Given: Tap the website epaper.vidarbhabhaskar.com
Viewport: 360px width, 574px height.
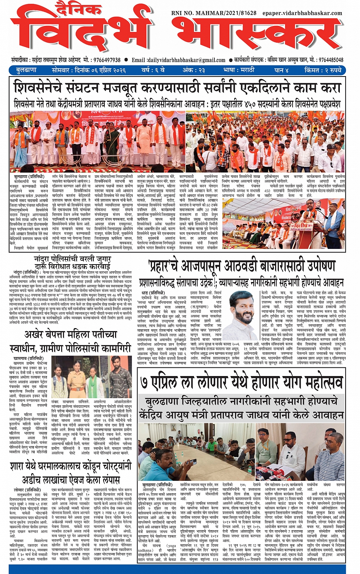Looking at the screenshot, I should pos(302,13).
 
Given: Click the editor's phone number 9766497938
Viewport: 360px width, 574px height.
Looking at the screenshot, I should pos(102,60).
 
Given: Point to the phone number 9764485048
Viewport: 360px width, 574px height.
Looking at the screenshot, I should pos(331,60).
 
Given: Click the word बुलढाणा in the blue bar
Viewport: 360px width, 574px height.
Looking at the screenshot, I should pos(26,70).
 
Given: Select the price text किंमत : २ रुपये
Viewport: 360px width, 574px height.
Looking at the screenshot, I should pos(323,70).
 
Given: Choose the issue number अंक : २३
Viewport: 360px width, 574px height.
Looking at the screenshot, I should pos(194,70).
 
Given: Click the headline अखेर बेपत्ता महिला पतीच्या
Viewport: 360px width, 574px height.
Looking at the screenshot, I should pos(71,334).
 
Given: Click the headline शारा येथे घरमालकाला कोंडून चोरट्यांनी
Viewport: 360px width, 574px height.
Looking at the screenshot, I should pos(71,466).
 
